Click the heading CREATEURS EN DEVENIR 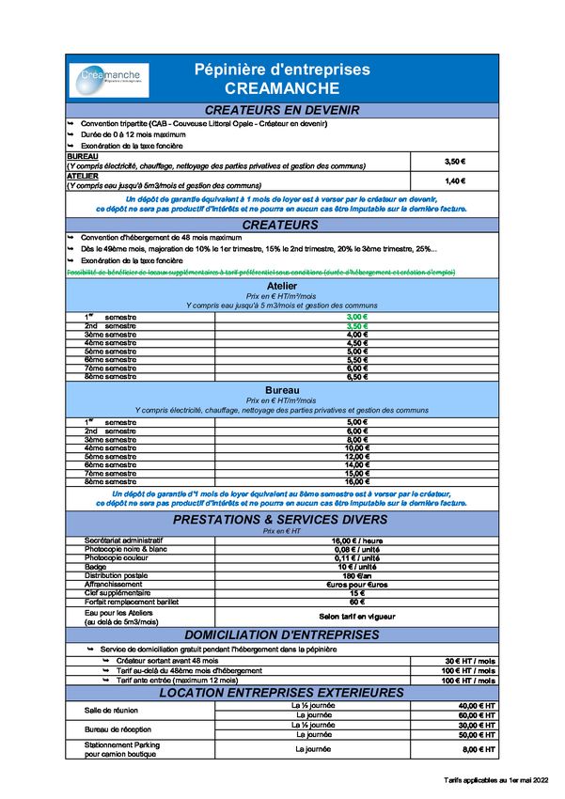(282, 111)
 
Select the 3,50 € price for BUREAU (455, 162)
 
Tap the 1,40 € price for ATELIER (455, 180)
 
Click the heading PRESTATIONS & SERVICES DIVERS (280, 519)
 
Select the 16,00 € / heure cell (355, 540)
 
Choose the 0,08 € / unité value (355, 549)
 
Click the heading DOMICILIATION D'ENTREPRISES (282, 634)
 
